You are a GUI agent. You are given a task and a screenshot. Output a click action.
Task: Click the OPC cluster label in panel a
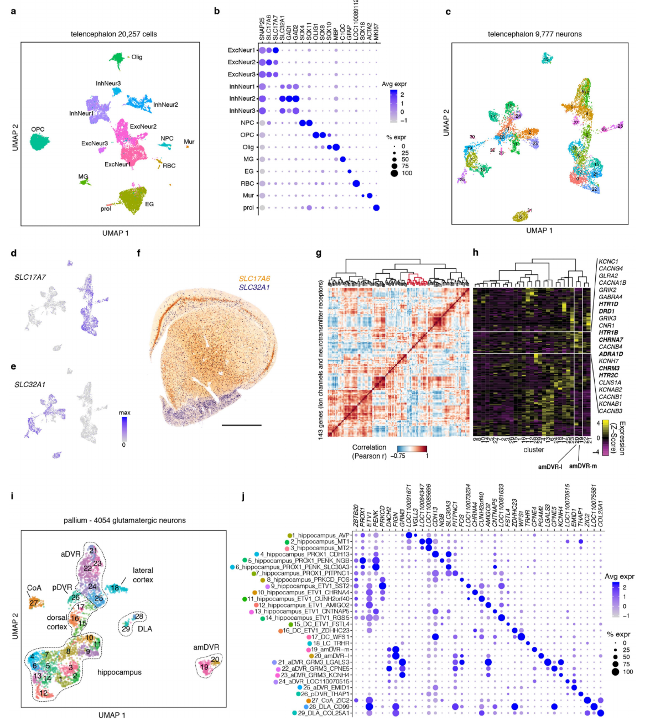click(38, 129)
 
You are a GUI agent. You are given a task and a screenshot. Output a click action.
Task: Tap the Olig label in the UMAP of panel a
click(137, 57)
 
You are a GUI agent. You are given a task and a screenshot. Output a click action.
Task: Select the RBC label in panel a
click(169, 166)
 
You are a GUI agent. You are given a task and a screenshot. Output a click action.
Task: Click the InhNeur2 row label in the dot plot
click(242, 98)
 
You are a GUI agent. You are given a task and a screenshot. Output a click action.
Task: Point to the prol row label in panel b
click(248, 208)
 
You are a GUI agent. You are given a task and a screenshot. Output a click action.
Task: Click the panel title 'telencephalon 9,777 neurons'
click(534, 34)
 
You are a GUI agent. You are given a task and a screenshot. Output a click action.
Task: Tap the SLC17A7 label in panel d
click(30, 277)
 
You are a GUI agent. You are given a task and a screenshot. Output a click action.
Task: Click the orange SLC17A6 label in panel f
click(254, 279)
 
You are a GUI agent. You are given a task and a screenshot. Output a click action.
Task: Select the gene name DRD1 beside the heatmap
click(607, 311)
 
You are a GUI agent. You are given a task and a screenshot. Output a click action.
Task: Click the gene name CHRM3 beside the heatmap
click(609, 368)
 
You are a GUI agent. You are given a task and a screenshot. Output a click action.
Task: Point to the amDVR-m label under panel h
click(583, 466)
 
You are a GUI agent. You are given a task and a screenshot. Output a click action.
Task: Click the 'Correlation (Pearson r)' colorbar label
click(369, 452)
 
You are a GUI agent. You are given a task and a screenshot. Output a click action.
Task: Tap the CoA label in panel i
click(34, 588)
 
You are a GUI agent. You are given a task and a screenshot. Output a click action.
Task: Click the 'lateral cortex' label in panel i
click(143, 575)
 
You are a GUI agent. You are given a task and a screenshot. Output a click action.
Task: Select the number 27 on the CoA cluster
click(34, 603)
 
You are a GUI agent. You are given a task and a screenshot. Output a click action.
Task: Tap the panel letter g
click(318, 253)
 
